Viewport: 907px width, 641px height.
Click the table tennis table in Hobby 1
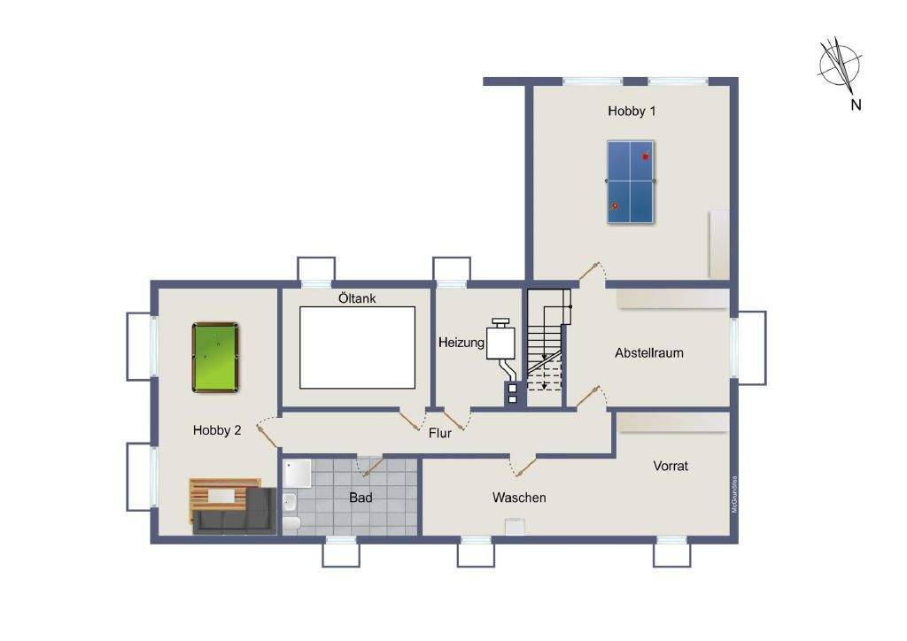click(630, 181)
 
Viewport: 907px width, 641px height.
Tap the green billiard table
click(215, 357)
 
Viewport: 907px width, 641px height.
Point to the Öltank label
click(357, 298)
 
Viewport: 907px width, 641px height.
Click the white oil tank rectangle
click(357, 346)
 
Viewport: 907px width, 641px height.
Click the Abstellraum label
click(648, 352)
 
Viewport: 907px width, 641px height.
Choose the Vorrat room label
click(670, 466)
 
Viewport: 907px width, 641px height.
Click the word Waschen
click(519, 498)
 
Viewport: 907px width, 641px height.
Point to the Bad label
click(360, 498)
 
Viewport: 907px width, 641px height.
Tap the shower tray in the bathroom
click(298, 475)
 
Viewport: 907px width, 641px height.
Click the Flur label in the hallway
click(440, 434)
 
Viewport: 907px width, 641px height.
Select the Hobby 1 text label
click(631, 112)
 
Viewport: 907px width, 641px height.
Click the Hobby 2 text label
click(217, 430)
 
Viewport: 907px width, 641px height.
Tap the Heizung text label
click(461, 342)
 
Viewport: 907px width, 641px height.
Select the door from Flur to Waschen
click(522, 462)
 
